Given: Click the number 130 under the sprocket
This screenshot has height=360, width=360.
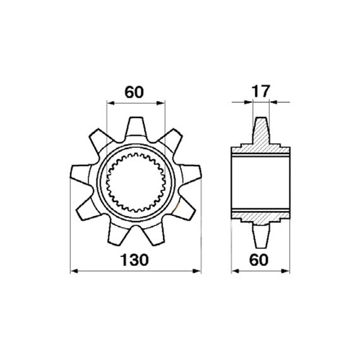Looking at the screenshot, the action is click(135, 260).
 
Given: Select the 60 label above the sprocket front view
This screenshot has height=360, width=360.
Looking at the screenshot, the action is click(134, 92).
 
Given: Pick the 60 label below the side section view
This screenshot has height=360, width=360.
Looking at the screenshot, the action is click(259, 260).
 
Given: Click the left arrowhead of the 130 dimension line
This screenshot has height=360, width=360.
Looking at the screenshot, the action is click(74, 271).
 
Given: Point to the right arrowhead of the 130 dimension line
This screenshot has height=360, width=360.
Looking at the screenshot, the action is click(197, 271).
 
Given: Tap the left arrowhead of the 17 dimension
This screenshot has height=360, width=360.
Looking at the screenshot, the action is click(248, 102).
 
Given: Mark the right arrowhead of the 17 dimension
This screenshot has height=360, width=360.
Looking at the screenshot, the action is click(273, 102).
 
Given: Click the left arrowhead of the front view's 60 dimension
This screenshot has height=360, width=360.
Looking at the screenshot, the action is click(111, 103).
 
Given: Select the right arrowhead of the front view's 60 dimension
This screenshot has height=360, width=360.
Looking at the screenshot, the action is click(160, 103).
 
